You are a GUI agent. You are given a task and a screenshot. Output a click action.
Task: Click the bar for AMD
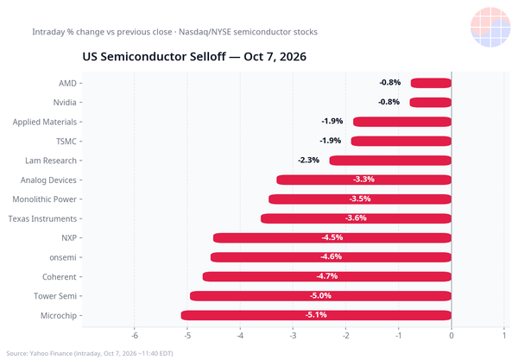(x=431, y=83)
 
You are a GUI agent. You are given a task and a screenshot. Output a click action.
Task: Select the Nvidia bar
(x=431, y=103)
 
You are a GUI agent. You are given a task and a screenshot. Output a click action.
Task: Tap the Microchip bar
(x=316, y=315)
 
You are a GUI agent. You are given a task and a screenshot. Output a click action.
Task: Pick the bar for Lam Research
(x=390, y=161)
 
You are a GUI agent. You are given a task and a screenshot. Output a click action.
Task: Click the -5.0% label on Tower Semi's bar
(x=320, y=295)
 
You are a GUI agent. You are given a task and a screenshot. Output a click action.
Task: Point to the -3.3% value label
(x=363, y=180)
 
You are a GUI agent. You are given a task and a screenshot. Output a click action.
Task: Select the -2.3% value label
(x=308, y=161)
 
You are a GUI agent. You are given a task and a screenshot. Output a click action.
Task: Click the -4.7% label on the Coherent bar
(x=327, y=276)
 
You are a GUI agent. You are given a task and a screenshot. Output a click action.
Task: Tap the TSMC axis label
(x=66, y=142)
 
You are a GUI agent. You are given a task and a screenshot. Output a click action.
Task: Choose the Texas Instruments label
(x=42, y=218)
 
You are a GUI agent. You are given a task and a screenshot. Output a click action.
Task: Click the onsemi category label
(x=63, y=257)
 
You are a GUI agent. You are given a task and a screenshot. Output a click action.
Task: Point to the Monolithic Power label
(x=44, y=199)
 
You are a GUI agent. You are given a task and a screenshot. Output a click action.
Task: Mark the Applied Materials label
(x=45, y=122)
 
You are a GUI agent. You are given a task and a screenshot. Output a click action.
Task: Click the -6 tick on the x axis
(x=135, y=336)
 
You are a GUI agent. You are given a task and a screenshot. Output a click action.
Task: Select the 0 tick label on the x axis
(x=452, y=336)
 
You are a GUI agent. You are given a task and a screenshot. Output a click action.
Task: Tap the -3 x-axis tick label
(x=293, y=336)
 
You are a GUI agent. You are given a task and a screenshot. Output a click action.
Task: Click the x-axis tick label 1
(x=504, y=336)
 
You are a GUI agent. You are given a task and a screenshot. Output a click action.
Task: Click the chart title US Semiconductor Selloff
(x=194, y=56)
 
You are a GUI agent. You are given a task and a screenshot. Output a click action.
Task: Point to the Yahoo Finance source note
(x=90, y=353)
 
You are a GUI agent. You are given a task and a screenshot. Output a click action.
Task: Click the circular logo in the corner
(x=490, y=27)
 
